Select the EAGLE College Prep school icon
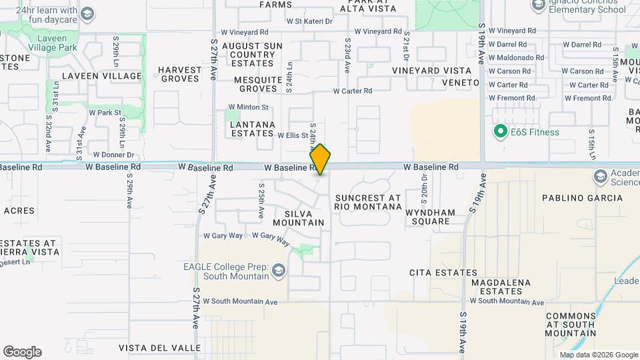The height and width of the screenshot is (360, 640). [277, 271]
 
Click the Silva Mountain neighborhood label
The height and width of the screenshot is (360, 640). [299, 217]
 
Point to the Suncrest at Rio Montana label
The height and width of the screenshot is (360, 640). [369, 203]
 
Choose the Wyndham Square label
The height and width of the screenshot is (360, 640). [430, 218]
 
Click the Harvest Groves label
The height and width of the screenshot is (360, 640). [179, 74]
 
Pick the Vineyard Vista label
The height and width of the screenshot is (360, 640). [431, 70]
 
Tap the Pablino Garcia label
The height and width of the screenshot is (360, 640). [582, 198]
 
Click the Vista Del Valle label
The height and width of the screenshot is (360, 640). [159, 348]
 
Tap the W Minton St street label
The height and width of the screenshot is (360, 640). [248, 107]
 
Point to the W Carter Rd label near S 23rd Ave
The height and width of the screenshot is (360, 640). [352, 91]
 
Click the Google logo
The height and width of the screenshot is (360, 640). [22, 352]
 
